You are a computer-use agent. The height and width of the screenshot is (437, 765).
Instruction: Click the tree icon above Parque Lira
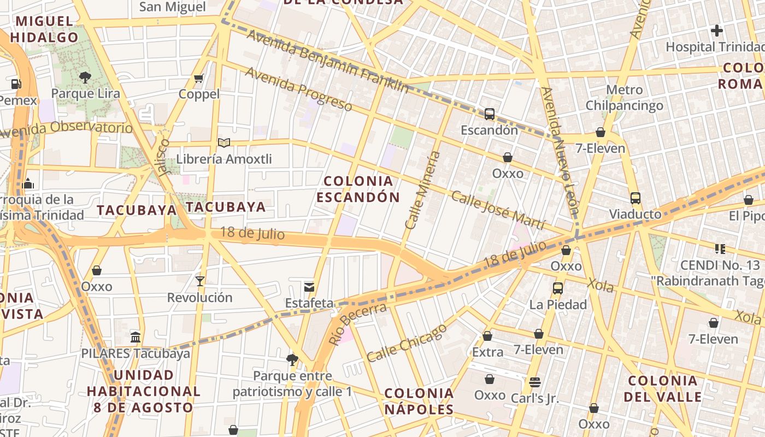click(x=85, y=78)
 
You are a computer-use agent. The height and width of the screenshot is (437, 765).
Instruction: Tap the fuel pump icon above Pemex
click(x=16, y=84)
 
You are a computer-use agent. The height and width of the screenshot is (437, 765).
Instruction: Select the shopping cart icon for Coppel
click(x=199, y=78)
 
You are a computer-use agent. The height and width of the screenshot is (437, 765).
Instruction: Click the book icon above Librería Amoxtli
click(x=223, y=143)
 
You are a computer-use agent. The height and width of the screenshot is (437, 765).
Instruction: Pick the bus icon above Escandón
click(x=490, y=114)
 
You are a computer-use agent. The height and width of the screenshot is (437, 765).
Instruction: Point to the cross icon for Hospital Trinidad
click(x=717, y=31)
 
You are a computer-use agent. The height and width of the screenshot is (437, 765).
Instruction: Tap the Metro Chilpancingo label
click(x=625, y=97)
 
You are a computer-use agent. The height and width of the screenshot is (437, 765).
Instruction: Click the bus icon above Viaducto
click(x=635, y=198)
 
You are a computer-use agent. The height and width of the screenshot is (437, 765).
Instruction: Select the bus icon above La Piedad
click(x=558, y=288)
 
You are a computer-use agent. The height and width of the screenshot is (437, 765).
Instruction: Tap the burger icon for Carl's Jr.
click(x=534, y=382)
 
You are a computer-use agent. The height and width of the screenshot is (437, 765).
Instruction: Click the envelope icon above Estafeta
click(x=309, y=287)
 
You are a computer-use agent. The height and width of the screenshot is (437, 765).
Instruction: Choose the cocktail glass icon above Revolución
click(x=199, y=281)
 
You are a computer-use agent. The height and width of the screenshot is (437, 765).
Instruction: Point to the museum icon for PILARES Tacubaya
click(x=136, y=336)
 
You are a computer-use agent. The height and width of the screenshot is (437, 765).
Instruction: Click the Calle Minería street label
click(x=422, y=190)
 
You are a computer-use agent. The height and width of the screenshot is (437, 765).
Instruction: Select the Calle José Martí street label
click(x=498, y=210)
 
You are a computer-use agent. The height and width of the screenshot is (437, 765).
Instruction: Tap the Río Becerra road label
click(x=358, y=324)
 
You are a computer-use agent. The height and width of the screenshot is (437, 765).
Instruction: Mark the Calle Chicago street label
click(x=407, y=343)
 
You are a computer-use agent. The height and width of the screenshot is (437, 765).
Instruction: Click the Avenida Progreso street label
click(x=298, y=88)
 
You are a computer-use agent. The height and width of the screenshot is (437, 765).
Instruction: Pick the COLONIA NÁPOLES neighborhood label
click(x=419, y=401)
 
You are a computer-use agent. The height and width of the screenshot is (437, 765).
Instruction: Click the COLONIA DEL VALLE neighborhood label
click(x=663, y=388)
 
